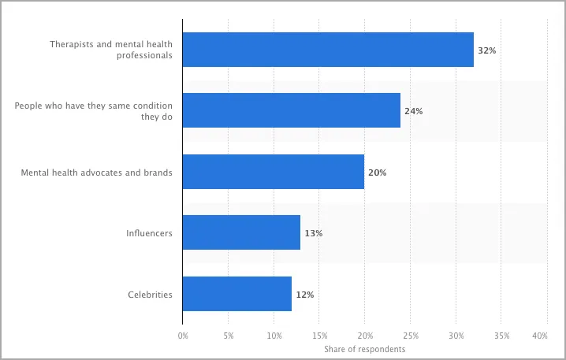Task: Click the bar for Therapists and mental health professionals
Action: tap(328, 50)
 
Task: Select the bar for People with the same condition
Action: tap(292, 111)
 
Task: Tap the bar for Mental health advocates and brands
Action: tap(274, 172)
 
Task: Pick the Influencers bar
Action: tap(241, 233)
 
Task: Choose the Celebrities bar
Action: tap(237, 294)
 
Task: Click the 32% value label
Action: tap(486, 50)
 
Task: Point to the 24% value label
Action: tap(413, 111)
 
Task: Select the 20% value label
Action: tap(377, 172)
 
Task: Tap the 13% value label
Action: tap(313, 233)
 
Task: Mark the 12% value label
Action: tap(304, 295)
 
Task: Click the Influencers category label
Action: tap(149, 233)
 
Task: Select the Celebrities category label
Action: tap(150, 295)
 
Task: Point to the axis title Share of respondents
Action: tap(364, 348)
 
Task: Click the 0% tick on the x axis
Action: tap(183, 336)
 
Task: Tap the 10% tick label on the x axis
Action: tap(274, 336)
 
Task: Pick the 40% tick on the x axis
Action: tap(540, 336)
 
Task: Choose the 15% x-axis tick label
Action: tap(318, 336)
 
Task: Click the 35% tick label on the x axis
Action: tap(501, 336)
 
